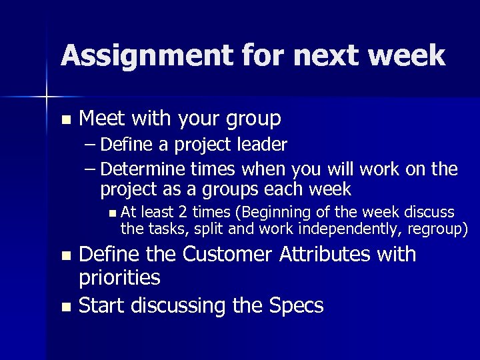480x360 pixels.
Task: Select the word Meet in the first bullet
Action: click(101, 119)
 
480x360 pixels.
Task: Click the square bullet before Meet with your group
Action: click(65, 120)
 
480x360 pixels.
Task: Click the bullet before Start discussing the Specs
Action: click(65, 307)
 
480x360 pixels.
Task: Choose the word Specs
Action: click(297, 306)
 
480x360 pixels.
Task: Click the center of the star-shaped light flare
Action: click(46, 97)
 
